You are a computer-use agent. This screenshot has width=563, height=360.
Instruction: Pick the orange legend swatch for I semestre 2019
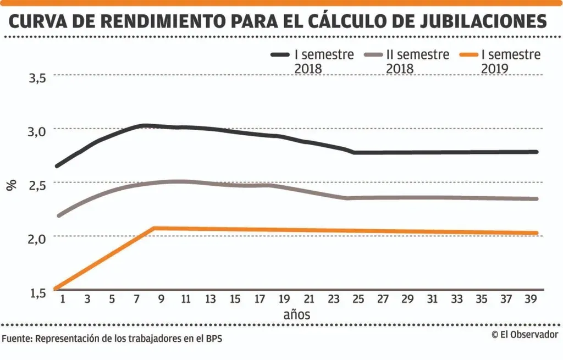pos(468,55)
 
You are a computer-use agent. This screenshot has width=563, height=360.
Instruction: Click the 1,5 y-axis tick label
pos(37,291)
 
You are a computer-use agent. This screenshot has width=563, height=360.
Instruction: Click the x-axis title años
pos(297,315)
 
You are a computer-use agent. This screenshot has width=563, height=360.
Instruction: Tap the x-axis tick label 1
pos(62,299)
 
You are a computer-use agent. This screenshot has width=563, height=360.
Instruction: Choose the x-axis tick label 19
pos(284,299)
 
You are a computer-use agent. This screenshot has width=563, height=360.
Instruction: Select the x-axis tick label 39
pos(531,299)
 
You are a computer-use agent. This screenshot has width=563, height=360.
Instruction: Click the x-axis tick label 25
pos(358,299)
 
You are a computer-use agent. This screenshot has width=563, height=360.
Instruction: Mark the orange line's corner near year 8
pos(154,228)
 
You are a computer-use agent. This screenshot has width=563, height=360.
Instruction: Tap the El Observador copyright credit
pos(525,334)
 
